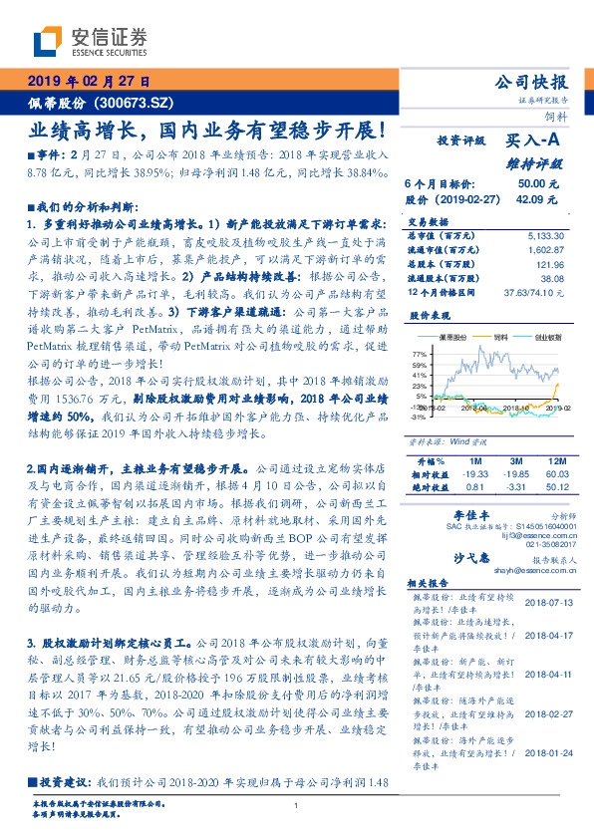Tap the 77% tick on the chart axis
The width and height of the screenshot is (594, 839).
point(419,355)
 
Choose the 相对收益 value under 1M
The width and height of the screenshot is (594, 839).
point(474,475)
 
